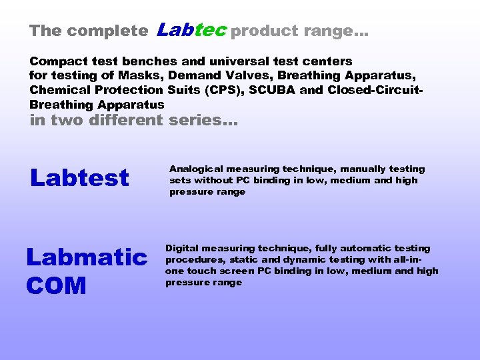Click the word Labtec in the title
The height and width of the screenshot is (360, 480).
[192, 30]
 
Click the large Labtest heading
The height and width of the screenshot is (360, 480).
[79, 178]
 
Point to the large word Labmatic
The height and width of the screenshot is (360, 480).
[87, 257]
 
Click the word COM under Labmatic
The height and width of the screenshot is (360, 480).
[56, 285]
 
